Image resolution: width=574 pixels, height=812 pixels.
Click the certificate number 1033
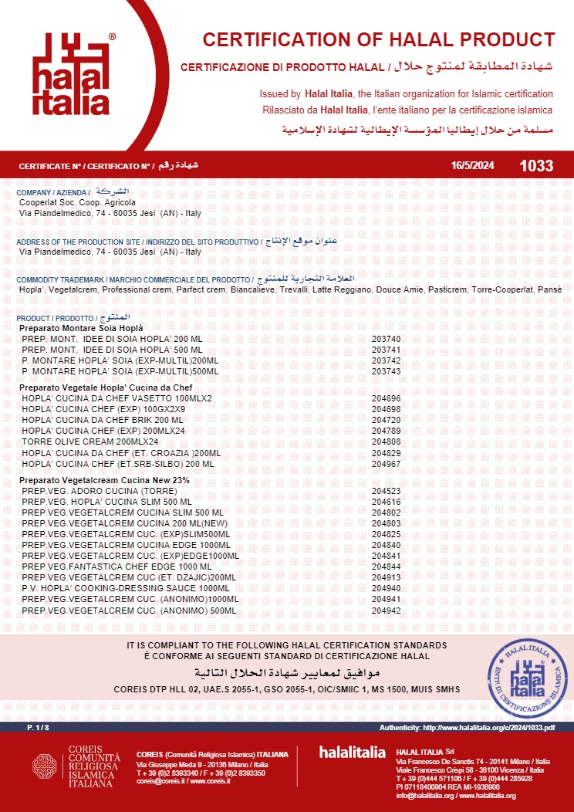pyautogui.click(x=536, y=166)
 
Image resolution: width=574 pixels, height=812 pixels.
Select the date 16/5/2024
pyautogui.click(x=472, y=166)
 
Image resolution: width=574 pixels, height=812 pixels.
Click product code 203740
pyautogui.click(x=386, y=339)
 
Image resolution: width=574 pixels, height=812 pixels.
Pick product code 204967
pyautogui.click(x=386, y=463)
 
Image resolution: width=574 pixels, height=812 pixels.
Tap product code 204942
pyautogui.click(x=386, y=611)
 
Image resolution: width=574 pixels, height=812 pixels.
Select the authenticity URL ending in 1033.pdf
pyautogui.click(x=468, y=728)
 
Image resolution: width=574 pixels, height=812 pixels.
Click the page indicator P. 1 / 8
pyautogui.click(x=39, y=728)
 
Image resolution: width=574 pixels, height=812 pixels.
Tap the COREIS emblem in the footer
pyautogui.click(x=45, y=766)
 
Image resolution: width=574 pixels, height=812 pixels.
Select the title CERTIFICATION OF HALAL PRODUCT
pyautogui.click(x=378, y=40)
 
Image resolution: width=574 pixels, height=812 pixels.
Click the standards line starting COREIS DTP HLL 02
pyautogui.click(x=286, y=689)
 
